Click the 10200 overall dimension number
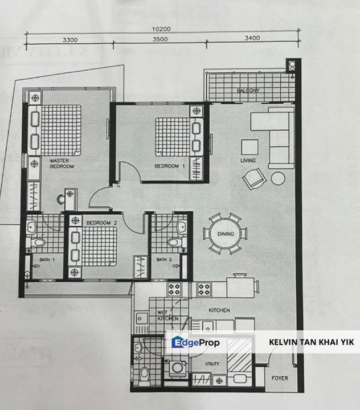click(x=161, y=29)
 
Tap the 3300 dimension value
click(x=70, y=40)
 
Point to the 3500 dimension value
click(x=160, y=39)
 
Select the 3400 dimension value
click(x=252, y=38)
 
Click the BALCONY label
click(x=248, y=91)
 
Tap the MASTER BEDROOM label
click(x=62, y=163)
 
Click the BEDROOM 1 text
click(x=170, y=166)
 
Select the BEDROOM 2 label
click(x=101, y=223)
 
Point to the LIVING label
click(x=248, y=160)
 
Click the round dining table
click(x=226, y=234)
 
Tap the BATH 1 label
click(x=47, y=260)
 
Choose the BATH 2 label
click(x=164, y=260)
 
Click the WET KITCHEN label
click(x=167, y=315)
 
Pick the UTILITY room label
click(x=212, y=364)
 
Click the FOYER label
click(x=280, y=378)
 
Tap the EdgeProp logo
click(x=195, y=342)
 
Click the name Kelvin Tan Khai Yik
click(x=312, y=342)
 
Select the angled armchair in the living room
click(x=254, y=179)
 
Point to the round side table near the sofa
click(x=278, y=179)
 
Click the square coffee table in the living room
click(x=249, y=147)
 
